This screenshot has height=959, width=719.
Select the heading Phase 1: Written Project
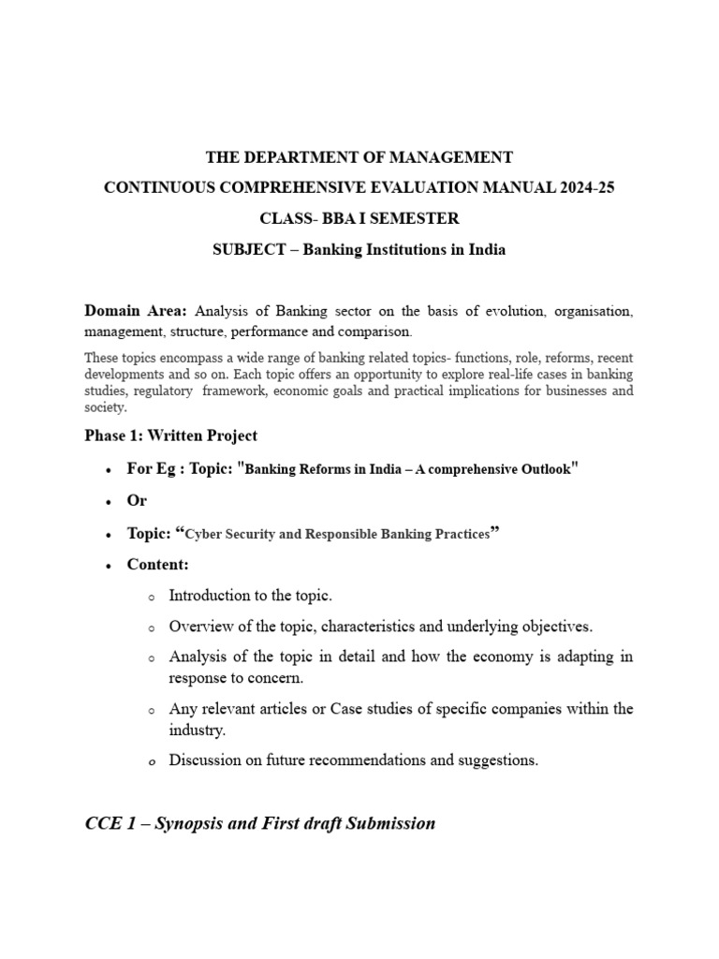[x=170, y=435]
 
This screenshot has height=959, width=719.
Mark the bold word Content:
[x=157, y=565]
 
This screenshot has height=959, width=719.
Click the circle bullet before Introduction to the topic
[x=150, y=597]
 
